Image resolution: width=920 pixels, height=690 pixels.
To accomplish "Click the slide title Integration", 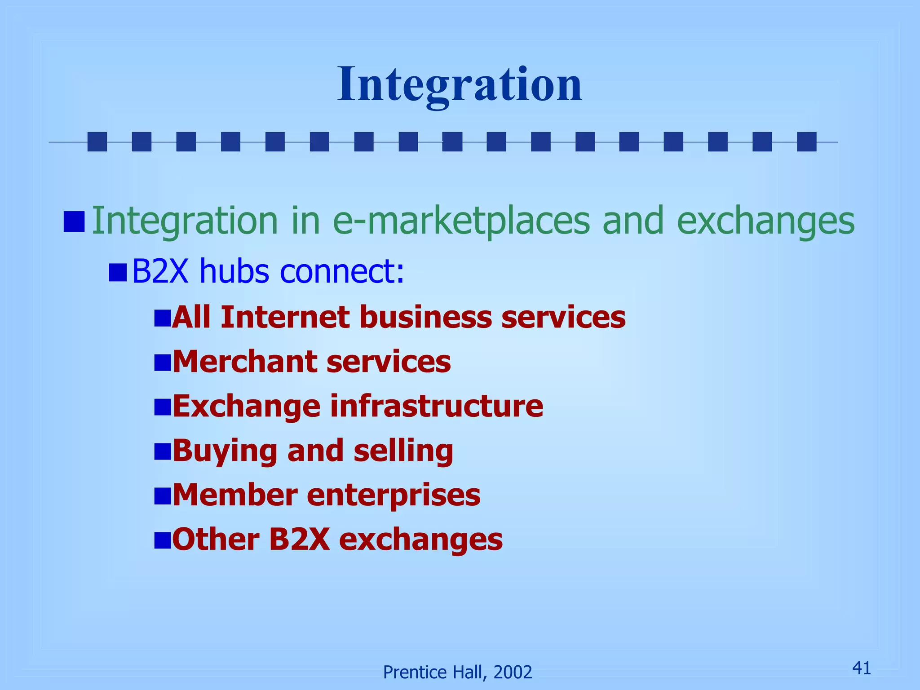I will (x=460, y=84).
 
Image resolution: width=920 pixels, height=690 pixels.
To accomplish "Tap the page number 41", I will (x=861, y=668).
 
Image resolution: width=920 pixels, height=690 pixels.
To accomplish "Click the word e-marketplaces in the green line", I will (x=461, y=221).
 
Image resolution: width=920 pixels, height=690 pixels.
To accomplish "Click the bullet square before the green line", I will (x=74, y=221).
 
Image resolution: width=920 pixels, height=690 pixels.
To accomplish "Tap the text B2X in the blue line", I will (x=160, y=271).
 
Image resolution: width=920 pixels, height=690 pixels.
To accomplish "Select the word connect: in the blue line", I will (x=342, y=271).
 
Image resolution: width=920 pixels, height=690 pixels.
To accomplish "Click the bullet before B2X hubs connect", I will (x=118, y=272).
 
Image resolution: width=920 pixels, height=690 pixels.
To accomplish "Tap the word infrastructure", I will (x=436, y=406).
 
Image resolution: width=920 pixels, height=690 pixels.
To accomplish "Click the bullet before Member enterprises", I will (x=162, y=495).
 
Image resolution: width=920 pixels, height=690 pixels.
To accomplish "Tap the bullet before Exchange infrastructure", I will (x=162, y=407).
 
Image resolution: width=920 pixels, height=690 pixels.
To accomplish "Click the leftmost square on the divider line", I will (x=97, y=142).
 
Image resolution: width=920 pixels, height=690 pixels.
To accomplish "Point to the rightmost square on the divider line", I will (x=806, y=142).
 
